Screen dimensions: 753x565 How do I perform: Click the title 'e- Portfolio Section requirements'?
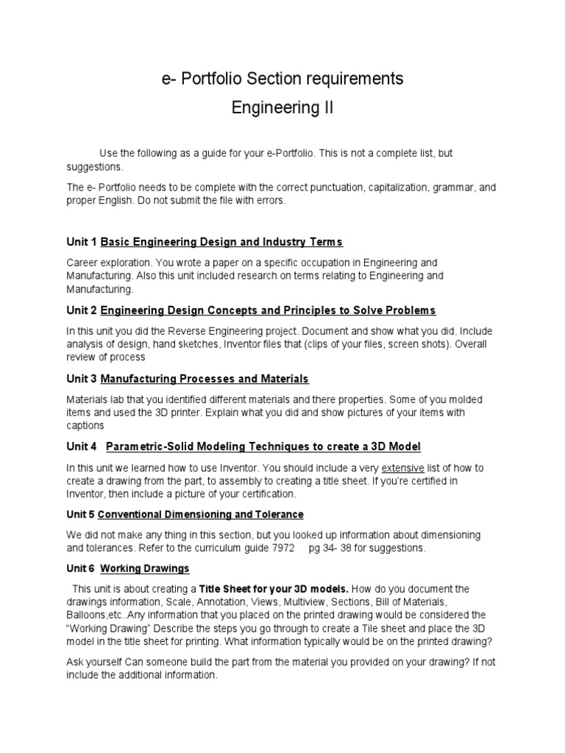(x=282, y=79)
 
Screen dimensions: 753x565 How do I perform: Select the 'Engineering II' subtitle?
(x=282, y=109)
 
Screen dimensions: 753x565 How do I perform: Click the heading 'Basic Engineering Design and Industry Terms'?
(x=221, y=242)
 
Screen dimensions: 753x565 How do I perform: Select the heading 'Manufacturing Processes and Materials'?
(x=205, y=379)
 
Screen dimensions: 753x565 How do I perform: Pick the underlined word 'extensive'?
(x=405, y=468)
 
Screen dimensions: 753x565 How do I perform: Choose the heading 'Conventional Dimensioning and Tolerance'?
(x=200, y=514)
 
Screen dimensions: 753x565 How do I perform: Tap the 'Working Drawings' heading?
(x=145, y=568)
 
